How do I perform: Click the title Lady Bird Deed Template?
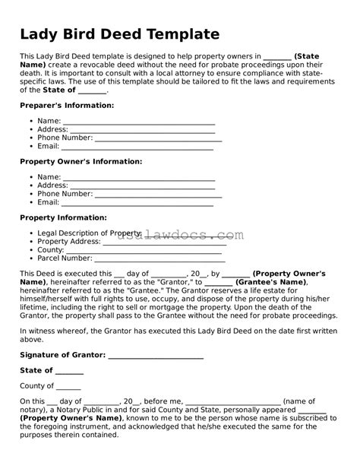(119, 34)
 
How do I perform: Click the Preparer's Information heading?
(67, 105)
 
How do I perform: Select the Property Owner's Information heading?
(81, 161)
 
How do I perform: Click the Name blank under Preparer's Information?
(139, 122)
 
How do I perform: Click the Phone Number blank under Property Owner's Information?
(158, 195)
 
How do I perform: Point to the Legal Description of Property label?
(89, 233)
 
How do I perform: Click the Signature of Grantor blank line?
(156, 355)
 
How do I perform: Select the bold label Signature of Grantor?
(63, 355)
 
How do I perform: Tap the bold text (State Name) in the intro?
(306, 56)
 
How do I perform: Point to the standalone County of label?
(37, 386)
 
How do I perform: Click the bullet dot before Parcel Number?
(30, 258)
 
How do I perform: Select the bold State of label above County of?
(36, 370)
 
